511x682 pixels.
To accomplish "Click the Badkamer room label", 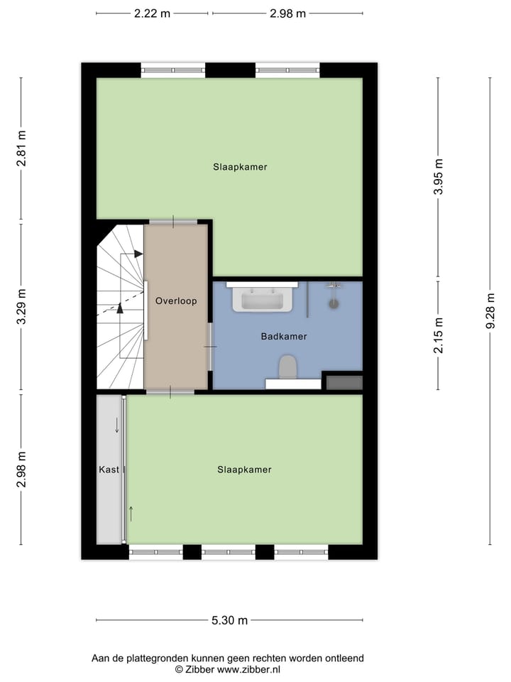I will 283,336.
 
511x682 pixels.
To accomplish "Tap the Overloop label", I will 176,301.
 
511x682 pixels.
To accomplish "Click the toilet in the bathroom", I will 287,367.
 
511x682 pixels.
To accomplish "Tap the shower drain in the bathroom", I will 334,303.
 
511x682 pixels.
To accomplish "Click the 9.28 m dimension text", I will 490,311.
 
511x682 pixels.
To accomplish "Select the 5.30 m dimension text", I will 229,620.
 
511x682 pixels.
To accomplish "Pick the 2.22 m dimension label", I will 152,13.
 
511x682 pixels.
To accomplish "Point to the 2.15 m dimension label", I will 438,335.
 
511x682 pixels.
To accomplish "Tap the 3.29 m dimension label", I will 21,308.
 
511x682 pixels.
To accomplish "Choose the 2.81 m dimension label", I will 21,149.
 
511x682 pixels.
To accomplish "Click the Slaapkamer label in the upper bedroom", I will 240,167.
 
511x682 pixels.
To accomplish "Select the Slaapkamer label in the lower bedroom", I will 244,470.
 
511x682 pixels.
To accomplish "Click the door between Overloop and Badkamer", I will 210,346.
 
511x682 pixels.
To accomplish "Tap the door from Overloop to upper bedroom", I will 173,222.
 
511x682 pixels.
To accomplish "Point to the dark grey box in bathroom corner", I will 344,382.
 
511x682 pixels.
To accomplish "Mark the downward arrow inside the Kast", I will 117,425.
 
